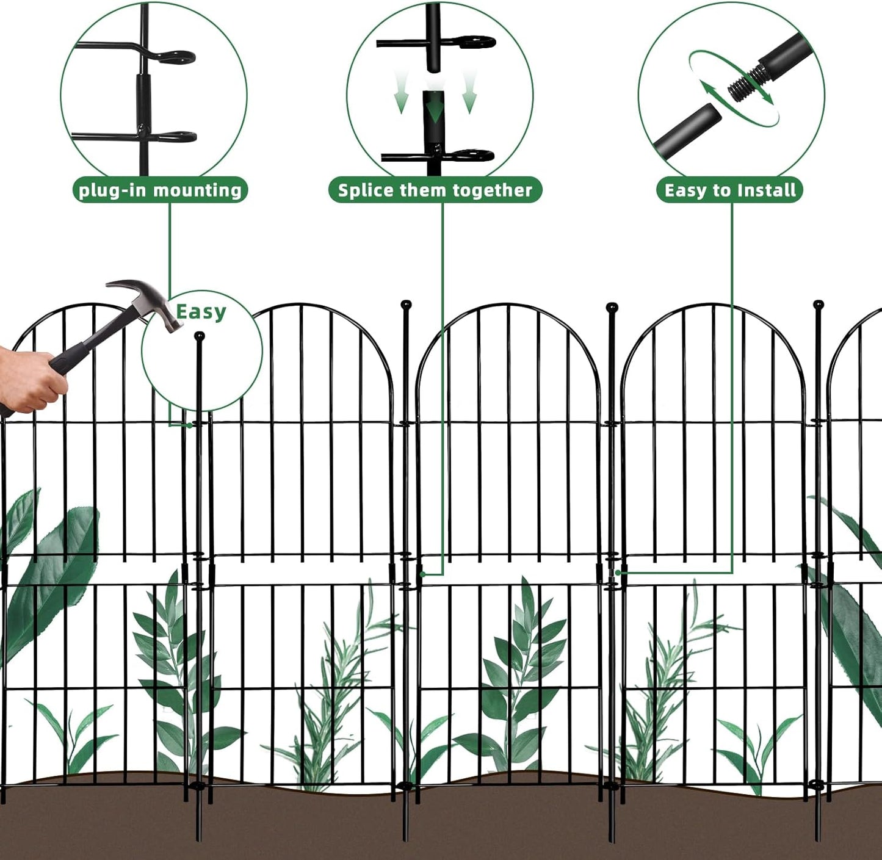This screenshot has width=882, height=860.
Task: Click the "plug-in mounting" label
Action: tap(161, 190)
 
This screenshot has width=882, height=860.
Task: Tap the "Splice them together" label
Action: tap(435, 190)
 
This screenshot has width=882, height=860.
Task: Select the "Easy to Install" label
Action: tap(730, 190)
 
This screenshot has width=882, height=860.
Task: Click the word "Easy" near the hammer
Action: tap(201, 312)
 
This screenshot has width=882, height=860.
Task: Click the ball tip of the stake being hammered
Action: tap(199, 336)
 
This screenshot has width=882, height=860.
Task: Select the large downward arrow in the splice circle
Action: tap(434, 110)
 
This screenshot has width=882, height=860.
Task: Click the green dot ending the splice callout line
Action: tap(422, 574)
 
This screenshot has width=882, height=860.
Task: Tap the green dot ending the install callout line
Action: tap(618, 573)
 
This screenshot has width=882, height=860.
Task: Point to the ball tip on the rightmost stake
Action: tap(819, 304)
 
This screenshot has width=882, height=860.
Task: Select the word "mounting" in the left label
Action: tap(203, 190)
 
